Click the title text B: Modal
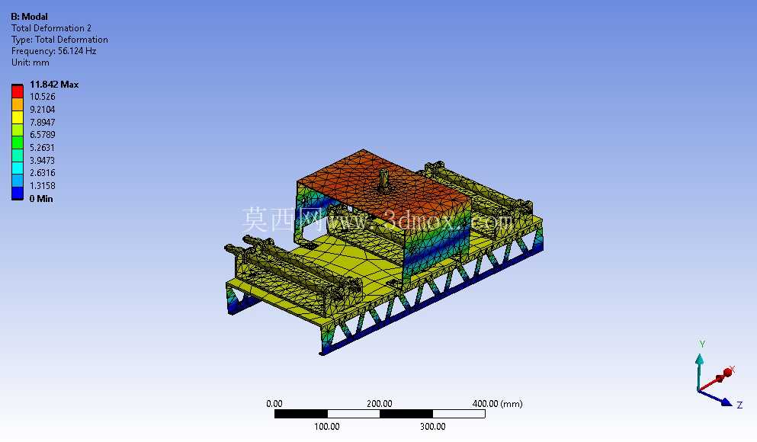coord(30,17)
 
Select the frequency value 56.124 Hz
coord(77,50)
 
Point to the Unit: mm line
coord(30,62)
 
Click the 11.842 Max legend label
coord(54,85)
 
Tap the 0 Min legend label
coord(41,198)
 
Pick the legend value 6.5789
coord(43,135)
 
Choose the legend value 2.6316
coord(43,173)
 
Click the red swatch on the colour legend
coord(18,91)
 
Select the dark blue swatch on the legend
coord(18,193)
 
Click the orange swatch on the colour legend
coord(18,104)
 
